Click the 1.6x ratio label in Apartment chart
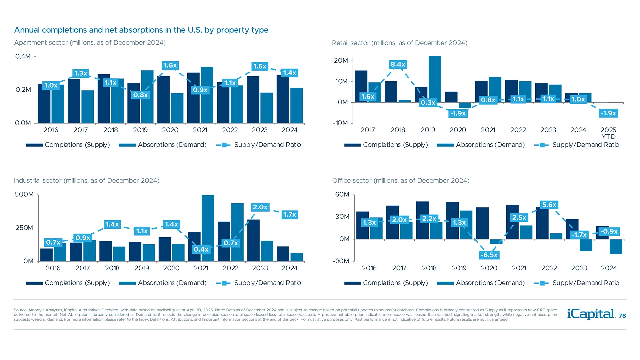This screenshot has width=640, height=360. [x=170, y=65]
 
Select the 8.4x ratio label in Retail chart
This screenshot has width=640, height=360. [x=398, y=64]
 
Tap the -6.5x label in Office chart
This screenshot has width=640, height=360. [x=489, y=255]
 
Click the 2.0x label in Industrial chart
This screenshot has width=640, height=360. [x=260, y=207]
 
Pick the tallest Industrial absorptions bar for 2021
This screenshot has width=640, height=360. [x=208, y=228]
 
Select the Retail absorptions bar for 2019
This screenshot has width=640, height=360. [x=435, y=79]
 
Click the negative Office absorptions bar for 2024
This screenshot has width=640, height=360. [x=616, y=246]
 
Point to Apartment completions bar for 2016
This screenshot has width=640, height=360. [x=44, y=103]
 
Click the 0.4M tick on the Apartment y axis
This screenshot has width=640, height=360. [x=23, y=56]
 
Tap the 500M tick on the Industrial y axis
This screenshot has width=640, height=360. [x=24, y=194]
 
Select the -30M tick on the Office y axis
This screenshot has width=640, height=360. [x=341, y=261]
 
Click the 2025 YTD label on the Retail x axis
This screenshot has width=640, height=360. [x=608, y=133]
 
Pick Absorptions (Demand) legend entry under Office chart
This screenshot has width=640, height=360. [x=490, y=283]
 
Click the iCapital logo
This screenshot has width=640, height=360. [x=591, y=314]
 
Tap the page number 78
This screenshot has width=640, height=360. [x=622, y=316]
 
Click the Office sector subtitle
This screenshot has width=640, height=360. [x=401, y=180]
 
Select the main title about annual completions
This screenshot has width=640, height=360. [x=141, y=30]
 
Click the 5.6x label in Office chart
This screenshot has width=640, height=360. [x=549, y=205]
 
